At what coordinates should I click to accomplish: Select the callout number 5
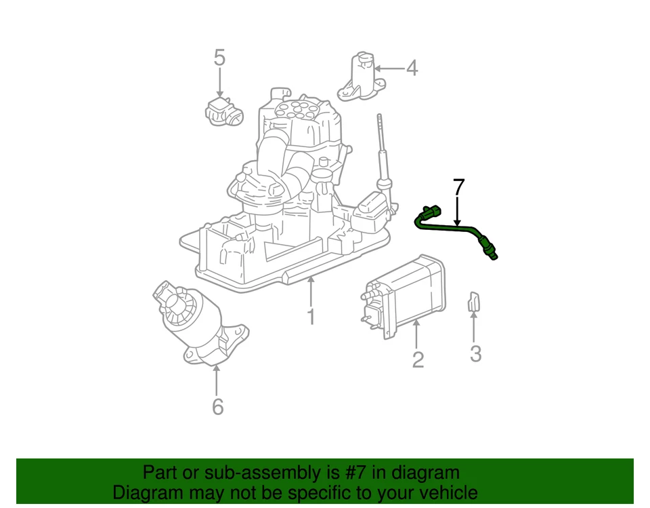[219, 58]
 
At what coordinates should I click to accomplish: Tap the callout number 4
[412, 69]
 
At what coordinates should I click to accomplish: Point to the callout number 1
[311, 317]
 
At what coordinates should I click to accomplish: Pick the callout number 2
[418, 359]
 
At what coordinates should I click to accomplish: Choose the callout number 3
[475, 353]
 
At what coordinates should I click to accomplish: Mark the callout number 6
[217, 407]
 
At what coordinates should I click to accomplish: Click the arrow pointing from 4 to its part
[389, 69]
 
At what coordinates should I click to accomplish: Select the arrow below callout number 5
[219, 84]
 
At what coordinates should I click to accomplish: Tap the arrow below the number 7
[458, 212]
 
